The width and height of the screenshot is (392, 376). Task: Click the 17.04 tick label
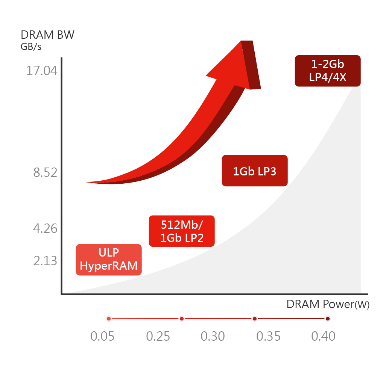click(42, 71)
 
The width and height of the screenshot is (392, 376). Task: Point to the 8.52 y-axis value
click(45, 172)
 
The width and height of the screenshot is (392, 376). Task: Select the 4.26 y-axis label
click(45, 228)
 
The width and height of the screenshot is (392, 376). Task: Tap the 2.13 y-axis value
click(45, 261)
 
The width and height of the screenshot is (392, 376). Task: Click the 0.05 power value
click(102, 336)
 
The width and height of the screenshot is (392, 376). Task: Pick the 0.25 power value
click(158, 336)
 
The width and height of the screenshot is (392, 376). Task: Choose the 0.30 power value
click(213, 336)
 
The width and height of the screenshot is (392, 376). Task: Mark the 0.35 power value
click(269, 336)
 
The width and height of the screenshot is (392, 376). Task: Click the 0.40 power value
click(323, 336)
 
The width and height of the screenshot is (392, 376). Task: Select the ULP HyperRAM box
click(109, 260)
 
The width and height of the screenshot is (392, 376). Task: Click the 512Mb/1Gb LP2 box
click(182, 231)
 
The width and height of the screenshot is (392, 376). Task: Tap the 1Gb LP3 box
click(255, 171)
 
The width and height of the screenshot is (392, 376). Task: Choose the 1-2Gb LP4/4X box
click(328, 71)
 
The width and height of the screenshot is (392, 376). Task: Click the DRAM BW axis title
click(47, 35)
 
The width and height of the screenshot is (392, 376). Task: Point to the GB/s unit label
click(31, 47)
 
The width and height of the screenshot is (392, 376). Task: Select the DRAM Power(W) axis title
click(328, 304)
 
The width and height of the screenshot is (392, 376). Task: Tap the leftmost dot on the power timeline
click(109, 319)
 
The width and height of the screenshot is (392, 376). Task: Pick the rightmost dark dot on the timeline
click(328, 319)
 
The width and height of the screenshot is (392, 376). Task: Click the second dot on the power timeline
click(182, 319)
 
